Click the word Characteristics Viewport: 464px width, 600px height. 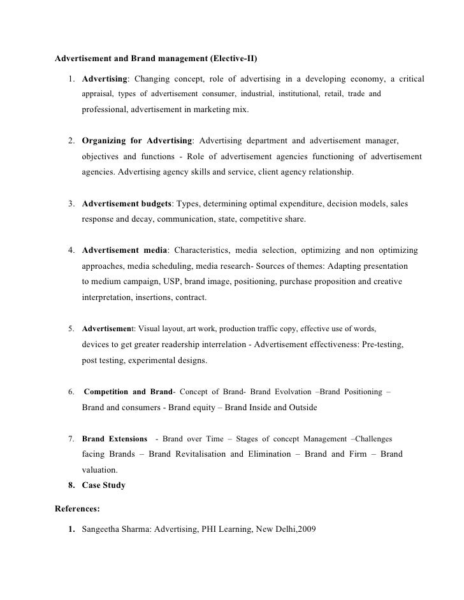[205, 250]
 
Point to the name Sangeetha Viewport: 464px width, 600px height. [103, 529]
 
